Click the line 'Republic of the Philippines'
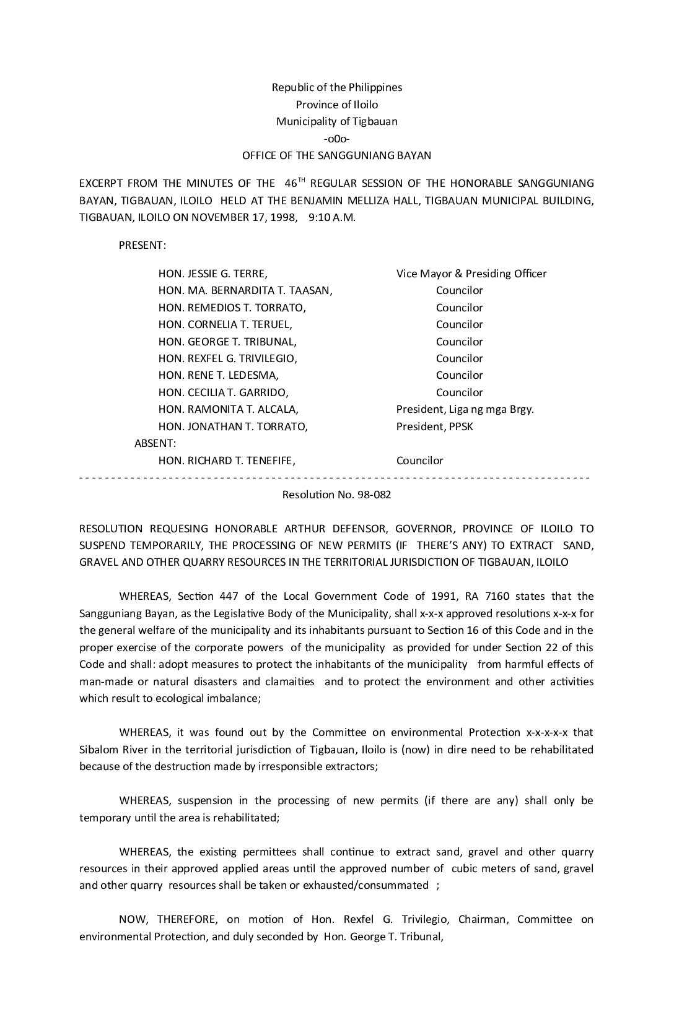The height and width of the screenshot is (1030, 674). tap(336, 87)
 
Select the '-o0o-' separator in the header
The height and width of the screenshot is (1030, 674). tap(336, 139)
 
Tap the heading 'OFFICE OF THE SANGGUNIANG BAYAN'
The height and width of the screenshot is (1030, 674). tap(336, 156)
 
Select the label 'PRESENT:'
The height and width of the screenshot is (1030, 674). tap(142, 245)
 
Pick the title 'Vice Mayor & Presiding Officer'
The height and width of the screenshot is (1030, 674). tap(471, 274)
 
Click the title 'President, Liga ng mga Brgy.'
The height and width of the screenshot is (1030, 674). tap(465, 409)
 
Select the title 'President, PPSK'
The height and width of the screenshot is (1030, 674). tap(434, 426)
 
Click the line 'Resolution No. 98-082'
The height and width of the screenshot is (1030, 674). tap(336, 495)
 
